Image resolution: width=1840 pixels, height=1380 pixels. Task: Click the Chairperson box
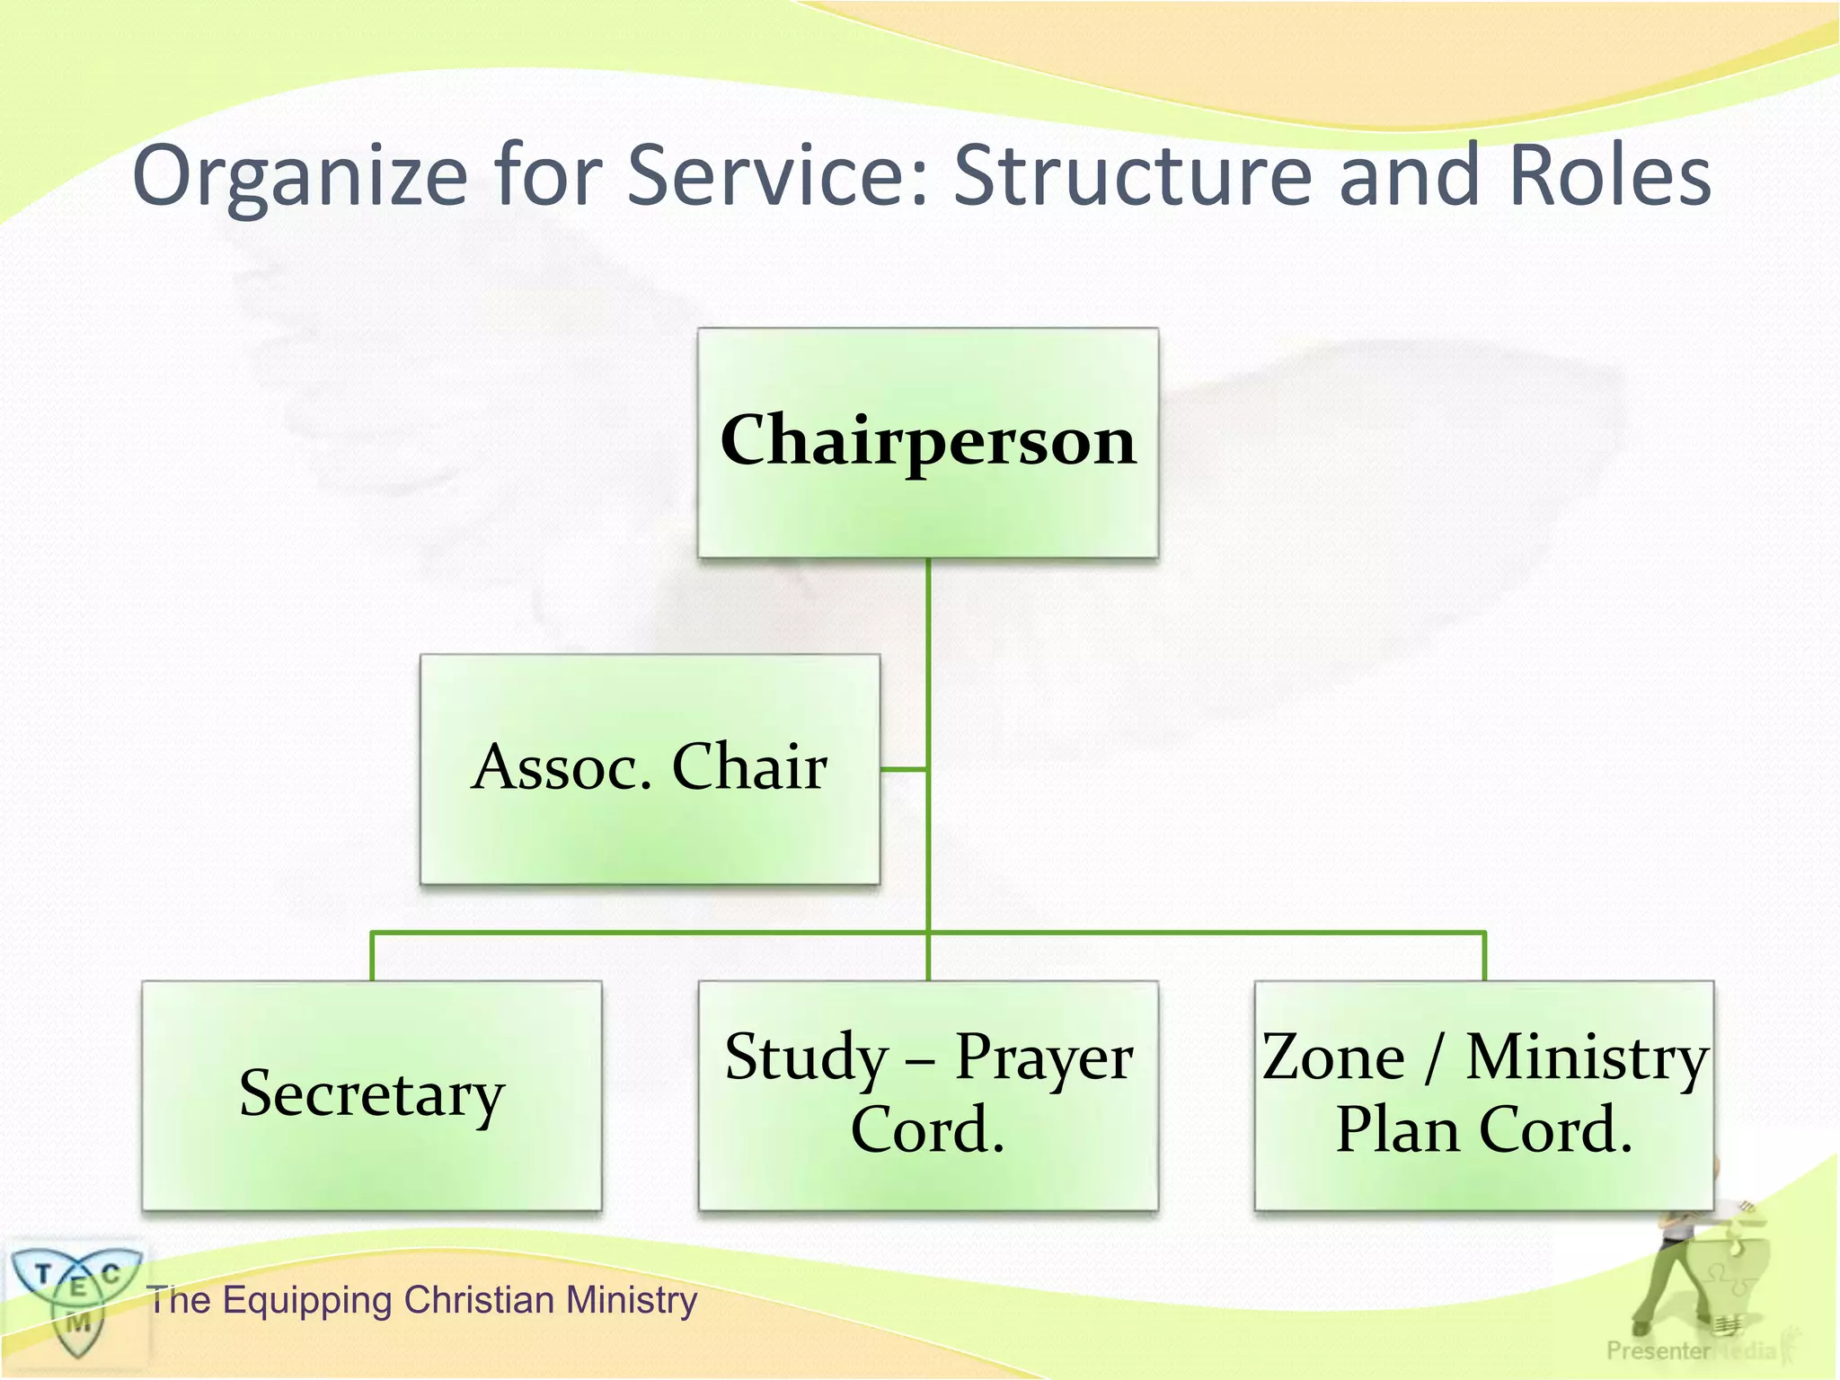[x=927, y=442]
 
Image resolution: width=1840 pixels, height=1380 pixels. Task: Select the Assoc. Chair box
[x=650, y=769]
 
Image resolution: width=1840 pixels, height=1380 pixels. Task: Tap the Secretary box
[x=371, y=1095]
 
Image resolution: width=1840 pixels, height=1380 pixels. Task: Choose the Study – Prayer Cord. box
[x=927, y=1095]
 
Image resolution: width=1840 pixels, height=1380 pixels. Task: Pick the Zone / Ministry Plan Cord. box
[x=1483, y=1095]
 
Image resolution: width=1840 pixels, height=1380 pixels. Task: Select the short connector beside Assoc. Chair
[x=904, y=769]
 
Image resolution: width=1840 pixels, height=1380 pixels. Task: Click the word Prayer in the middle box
[x=1043, y=1058]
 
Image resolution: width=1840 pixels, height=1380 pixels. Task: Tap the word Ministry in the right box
[x=1587, y=1058]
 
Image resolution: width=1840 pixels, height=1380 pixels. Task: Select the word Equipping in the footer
[x=306, y=1301]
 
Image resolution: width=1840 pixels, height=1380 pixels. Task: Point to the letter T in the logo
[x=42, y=1273]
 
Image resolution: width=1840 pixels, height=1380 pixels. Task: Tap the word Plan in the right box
[x=1396, y=1129]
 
